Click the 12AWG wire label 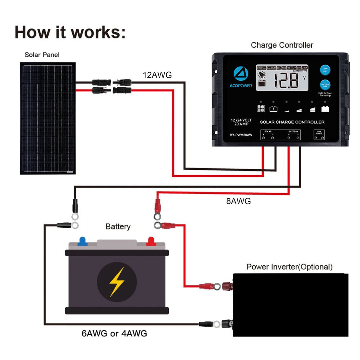157,75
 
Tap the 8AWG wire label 238,201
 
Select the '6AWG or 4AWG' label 114,333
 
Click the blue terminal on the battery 82,241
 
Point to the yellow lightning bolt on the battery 117,282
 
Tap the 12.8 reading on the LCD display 286,80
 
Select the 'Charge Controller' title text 282,45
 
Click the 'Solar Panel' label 42,55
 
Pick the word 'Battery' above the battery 118,227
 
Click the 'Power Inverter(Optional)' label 289,267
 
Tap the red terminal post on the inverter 228,286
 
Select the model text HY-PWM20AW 241,135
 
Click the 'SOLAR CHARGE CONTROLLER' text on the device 292,122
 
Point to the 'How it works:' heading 70,32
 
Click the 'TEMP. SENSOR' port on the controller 319,135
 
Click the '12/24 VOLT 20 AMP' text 241,122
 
